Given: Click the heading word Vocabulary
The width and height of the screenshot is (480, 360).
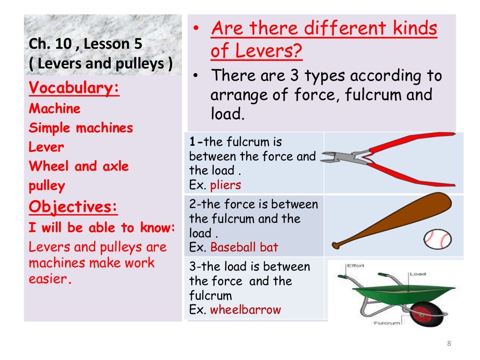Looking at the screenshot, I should (74, 88).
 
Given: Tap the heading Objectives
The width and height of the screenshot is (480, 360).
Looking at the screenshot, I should (73, 207).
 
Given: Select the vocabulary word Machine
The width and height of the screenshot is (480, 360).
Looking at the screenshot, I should (55, 109).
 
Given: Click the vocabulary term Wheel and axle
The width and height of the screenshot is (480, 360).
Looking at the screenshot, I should (79, 166).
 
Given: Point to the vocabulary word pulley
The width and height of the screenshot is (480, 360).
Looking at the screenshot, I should (47, 186).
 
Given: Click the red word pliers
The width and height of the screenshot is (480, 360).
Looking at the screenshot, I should (225, 185).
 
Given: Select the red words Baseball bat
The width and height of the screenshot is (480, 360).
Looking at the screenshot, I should (244, 247).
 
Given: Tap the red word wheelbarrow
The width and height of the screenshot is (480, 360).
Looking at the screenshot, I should (246, 310).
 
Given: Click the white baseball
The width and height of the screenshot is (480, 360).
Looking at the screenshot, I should (437, 239).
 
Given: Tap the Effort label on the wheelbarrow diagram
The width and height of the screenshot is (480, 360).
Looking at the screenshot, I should (355, 266).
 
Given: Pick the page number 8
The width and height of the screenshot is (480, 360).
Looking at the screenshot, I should (449, 344).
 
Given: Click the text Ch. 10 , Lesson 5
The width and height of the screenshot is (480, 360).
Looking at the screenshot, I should (85, 45).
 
